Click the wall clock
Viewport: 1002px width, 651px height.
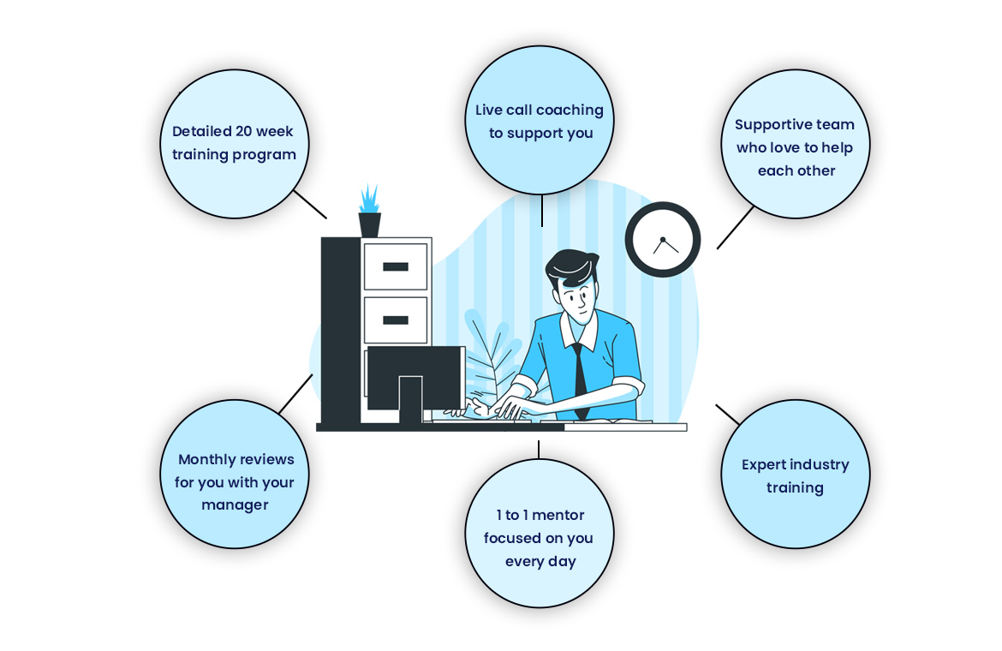[x=663, y=240]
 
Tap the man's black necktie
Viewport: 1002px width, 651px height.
[x=579, y=381]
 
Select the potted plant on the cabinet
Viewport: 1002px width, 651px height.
[x=369, y=211]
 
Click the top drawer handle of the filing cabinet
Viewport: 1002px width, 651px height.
[x=396, y=267]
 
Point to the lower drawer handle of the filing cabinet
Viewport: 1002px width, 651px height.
[x=396, y=320]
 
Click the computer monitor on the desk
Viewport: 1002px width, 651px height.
[x=415, y=383]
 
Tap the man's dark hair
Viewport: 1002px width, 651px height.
[x=572, y=267]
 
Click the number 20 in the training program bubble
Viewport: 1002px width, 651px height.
[x=243, y=131]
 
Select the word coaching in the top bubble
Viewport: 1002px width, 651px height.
[x=570, y=110]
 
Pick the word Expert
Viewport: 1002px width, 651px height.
[x=763, y=465]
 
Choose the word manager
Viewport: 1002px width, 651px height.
[x=235, y=505]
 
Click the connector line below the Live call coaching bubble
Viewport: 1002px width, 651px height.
[x=542, y=210]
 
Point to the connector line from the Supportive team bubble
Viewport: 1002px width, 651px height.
[x=735, y=228]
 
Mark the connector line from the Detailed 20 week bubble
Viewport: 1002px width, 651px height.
[x=310, y=205]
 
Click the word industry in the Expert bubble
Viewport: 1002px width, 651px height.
[x=820, y=465]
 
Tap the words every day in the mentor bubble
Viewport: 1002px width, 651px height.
[x=540, y=562]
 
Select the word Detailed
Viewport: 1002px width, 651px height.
[x=201, y=131]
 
